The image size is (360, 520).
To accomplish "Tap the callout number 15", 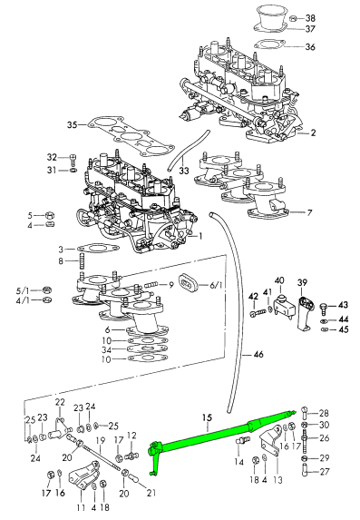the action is tap(207, 417).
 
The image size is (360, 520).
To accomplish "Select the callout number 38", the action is tap(310, 18).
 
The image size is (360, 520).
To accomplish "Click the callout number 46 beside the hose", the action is tap(258, 355).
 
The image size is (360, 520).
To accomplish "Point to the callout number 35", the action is tap(73, 125).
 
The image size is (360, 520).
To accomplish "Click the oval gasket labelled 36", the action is tap(269, 45).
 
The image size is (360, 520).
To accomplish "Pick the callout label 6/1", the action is tap(216, 285).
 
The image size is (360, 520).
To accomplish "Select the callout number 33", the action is tap(184, 171).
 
